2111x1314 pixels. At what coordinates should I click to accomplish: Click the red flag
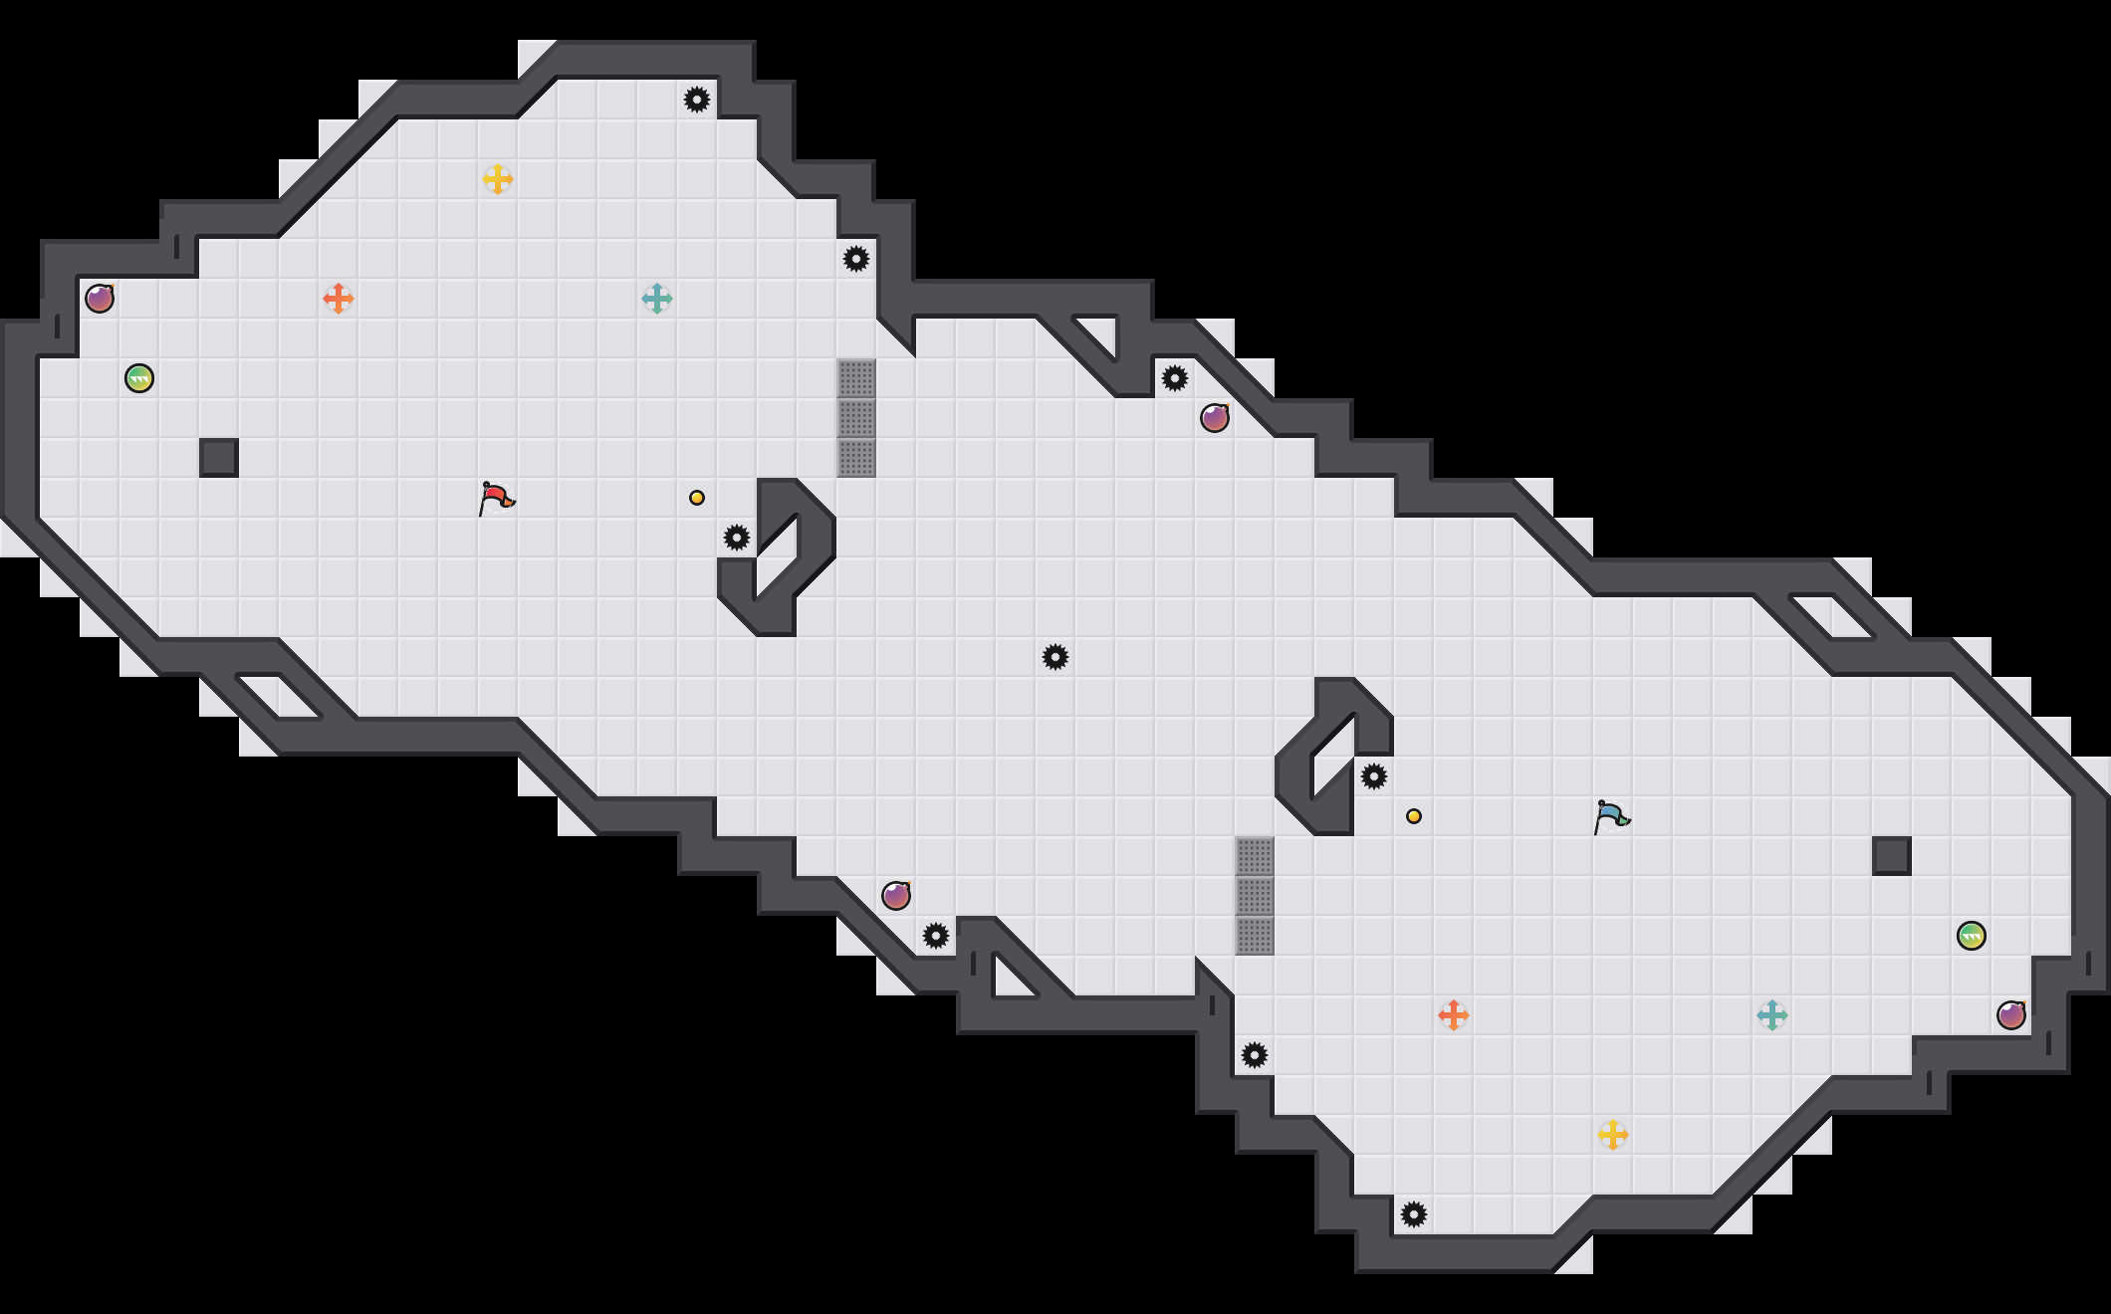[496, 498]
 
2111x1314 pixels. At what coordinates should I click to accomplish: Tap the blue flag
[1611, 816]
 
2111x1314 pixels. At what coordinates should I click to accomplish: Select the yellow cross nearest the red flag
[498, 179]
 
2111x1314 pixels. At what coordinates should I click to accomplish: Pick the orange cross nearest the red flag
[339, 299]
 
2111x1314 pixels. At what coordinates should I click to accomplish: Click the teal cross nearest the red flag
[657, 299]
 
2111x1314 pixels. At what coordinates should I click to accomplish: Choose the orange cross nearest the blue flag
[1454, 1015]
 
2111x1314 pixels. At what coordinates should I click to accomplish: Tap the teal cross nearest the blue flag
[1772, 1015]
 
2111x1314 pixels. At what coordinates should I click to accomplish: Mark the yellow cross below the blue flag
[1613, 1135]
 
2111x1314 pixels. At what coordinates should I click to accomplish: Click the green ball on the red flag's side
[139, 378]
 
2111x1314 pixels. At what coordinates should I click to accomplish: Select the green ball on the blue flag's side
[1972, 936]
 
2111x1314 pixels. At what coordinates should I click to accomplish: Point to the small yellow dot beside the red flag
[697, 498]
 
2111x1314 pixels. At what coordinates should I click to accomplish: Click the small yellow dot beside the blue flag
[1414, 816]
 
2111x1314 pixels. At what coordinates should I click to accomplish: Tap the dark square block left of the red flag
[219, 458]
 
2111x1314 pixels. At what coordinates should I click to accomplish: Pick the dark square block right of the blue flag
[1892, 856]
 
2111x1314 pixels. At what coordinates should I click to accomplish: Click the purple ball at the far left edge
[100, 299]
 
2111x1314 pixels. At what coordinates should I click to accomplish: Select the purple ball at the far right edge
[2011, 1015]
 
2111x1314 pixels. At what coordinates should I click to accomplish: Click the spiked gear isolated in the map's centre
[1055, 657]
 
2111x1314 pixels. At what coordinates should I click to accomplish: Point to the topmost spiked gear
[697, 100]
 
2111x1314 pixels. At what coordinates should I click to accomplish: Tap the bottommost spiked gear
[1414, 1214]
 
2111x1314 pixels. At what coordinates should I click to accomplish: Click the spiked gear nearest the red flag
[737, 538]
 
